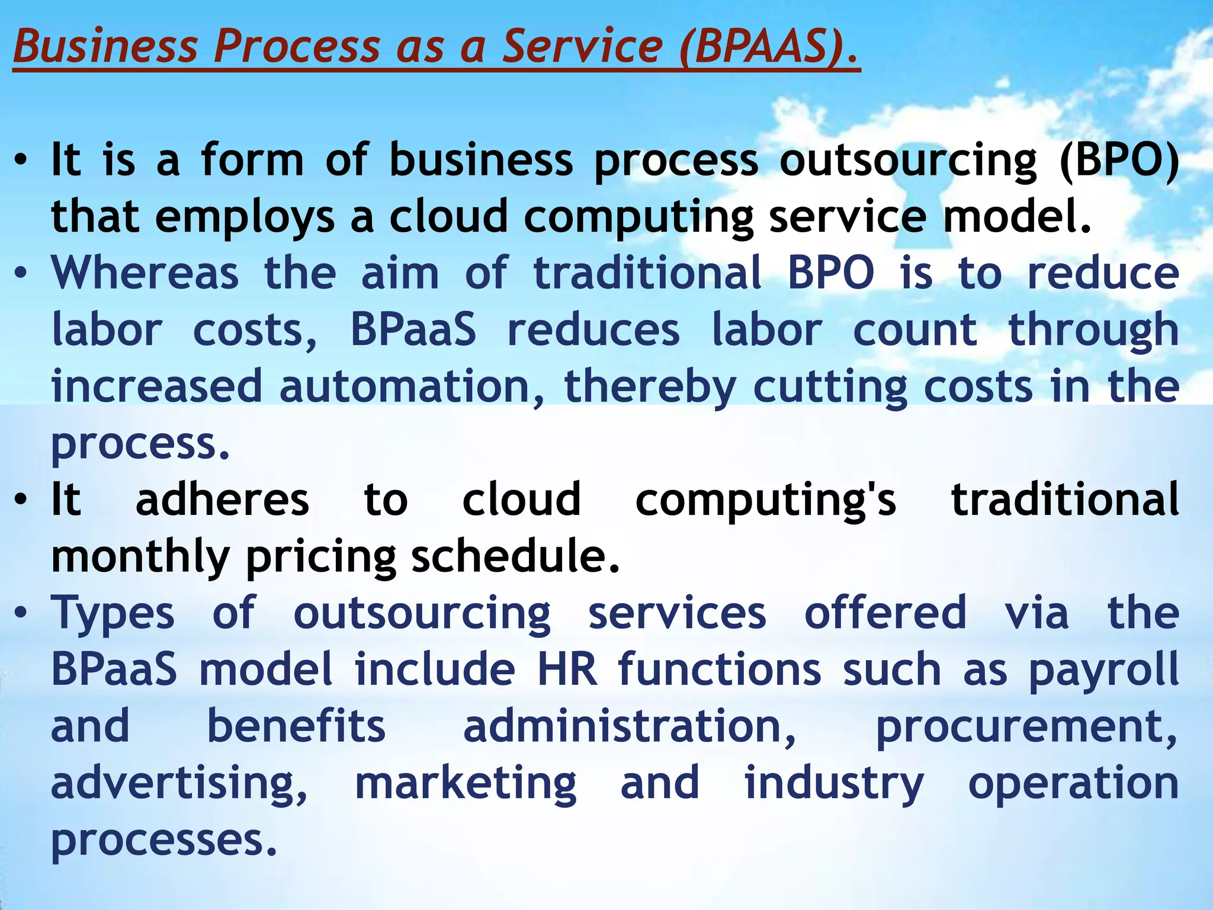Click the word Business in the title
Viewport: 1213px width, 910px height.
point(105,46)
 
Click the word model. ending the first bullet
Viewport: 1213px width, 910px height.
point(1016,216)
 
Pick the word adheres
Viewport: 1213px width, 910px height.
point(222,499)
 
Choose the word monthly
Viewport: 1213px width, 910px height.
point(140,557)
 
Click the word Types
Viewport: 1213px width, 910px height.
point(113,614)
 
